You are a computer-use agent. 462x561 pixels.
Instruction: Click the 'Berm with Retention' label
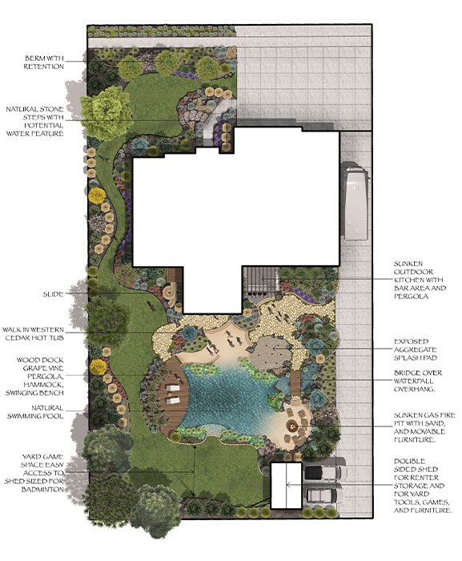[44, 63]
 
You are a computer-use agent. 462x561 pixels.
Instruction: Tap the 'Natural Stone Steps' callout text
[35, 121]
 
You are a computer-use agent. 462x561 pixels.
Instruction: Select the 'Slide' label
[54, 294]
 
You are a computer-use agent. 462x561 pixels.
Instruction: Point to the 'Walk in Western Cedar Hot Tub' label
[34, 333]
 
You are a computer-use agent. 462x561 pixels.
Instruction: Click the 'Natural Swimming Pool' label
[35, 412]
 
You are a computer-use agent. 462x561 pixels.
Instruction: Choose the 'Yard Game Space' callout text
[34, 473]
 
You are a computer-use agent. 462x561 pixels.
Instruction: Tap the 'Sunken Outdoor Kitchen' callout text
[420, 280]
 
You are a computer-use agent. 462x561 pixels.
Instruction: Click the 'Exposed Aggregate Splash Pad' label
[415, 349]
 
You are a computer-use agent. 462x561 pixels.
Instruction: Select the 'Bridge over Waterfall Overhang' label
[418, 381]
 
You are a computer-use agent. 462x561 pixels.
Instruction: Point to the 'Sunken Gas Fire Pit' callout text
[424, 427]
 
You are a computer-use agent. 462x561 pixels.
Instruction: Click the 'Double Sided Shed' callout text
[422, 486]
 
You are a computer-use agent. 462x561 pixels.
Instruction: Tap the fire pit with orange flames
[293, 426]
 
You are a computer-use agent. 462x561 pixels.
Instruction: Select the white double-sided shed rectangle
[286, 485]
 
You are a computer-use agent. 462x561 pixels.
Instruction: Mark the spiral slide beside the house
[169, 293]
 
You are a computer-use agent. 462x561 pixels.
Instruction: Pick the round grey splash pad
[271, 353]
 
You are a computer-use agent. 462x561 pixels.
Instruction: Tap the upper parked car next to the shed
[324, 472]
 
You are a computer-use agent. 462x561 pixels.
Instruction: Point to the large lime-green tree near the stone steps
[106, 111]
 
